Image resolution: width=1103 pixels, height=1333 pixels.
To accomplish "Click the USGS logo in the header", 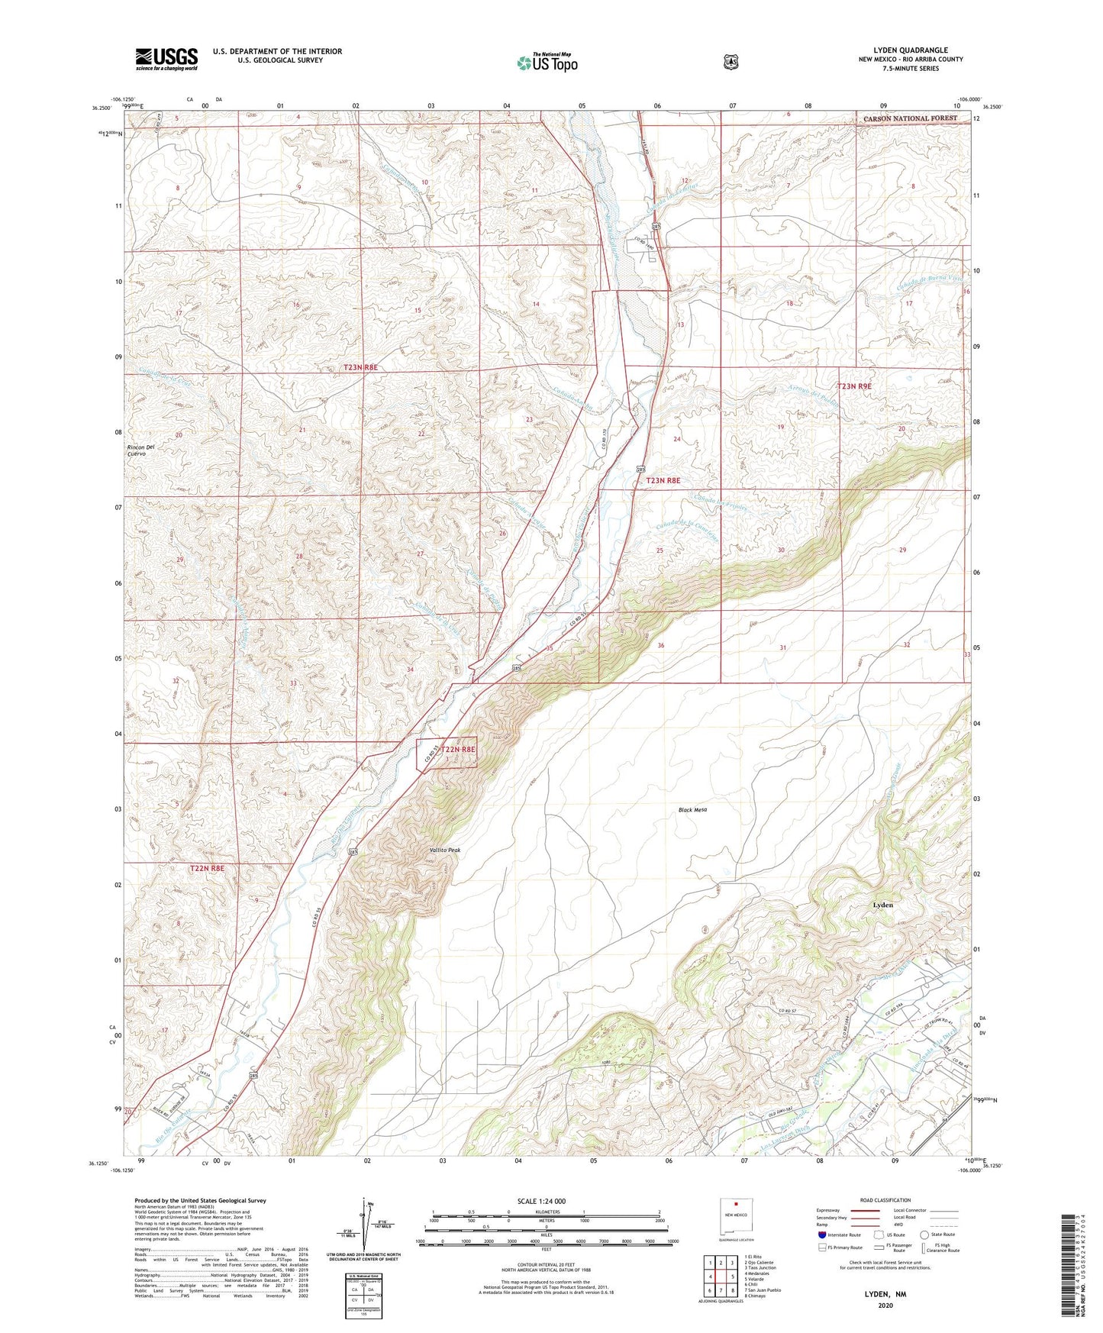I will pyautogui.click(x=166, y=59).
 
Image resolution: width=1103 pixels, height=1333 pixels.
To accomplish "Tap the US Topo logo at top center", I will pyautogui.click(x=547, y=62).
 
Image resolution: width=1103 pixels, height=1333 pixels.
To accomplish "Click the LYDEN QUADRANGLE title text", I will pyautogui.click(x=910, y=50).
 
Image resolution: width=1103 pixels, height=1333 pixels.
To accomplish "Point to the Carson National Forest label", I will pyautogui.click(x=909, y=118).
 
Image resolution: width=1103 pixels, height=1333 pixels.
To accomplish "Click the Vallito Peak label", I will pyautogui.click(x=445, y=850).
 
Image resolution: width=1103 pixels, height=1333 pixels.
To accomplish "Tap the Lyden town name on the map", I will pyautogui.click(x=882, y=905).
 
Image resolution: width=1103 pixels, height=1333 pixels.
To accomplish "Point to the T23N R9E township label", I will pyautogui.click(x=865, y=386).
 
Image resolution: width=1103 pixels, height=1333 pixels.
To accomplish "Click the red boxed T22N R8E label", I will pyautogui.click(x=457, y=749).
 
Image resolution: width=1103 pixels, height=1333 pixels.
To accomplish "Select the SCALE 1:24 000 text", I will pyautogui.click(x=546, y=1201).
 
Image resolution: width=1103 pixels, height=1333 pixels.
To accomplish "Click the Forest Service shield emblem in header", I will pyautogui.click(x=730, y=62).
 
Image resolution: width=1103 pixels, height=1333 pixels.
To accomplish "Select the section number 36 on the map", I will pyautogui.click(x=661, y=645).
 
